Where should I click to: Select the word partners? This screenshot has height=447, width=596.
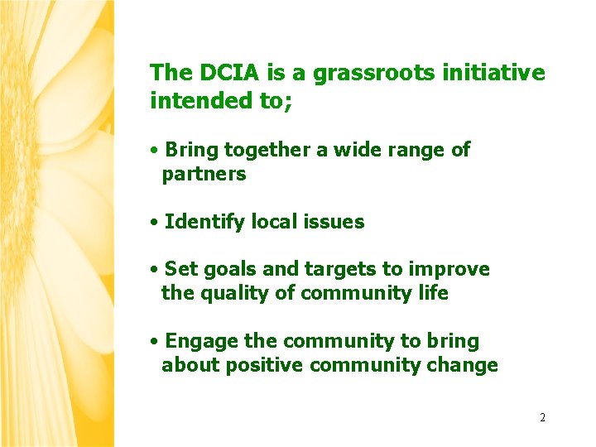click(204, 174)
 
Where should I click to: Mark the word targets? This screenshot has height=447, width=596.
click(336, 270)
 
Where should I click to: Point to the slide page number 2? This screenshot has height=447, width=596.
click(542, 417)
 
